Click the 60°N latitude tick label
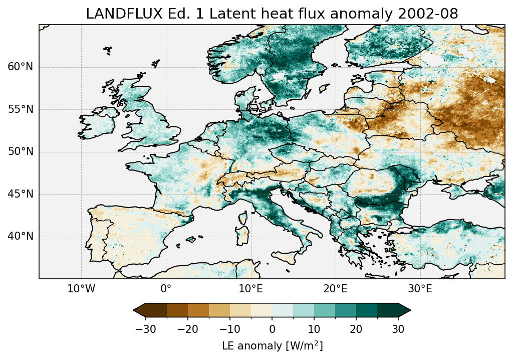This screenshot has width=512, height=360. pyautogui.click(x=20, y=67)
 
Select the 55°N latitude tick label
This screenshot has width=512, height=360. pyautogui.click(x=20, y=109)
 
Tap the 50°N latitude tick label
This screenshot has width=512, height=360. pyautogui.click(x=20, y=152)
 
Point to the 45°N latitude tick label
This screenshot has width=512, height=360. pyautogui.click(x=20, y=194)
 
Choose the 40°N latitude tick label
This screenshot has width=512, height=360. pyautogui.click(x=20, y=236)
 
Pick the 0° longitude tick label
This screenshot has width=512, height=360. pyautogui.click(x=166, y=289)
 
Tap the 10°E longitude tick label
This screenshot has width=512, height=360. pyautogui.click(x=250, y=289)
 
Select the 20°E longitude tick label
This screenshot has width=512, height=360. pyautogui.click(x=335, y=289)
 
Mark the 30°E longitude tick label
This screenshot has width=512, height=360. pyautogui.click(x=420, y=289)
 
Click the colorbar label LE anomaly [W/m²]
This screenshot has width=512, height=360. pyautogui.click(x=272, y=346)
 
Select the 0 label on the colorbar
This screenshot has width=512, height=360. pyautogui.click(x=272, y=329)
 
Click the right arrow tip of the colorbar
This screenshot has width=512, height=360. pyautogui.click(x=409, y=310)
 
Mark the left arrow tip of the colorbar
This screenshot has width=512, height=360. pyautogui.click(x=134, y=310)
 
